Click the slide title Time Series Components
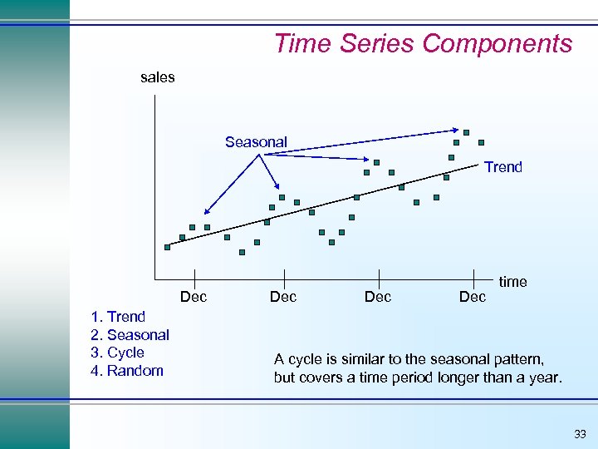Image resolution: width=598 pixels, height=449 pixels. pyautogui.click(x=423, y=43)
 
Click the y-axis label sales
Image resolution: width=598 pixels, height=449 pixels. pyautogui.click(x=157, y=77)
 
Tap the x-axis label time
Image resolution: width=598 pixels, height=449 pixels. pyautogui.click(x=512, y=282)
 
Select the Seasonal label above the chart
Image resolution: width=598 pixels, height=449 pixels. pyautogui.click(x=256, y=142)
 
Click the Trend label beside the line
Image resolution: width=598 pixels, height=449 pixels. pyautogui.click(x=503, y=167)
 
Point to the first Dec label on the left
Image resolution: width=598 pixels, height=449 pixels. pyautogui.click(x=194, y=297)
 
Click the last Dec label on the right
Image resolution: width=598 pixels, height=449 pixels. pyautogui.click(x=473, y=297)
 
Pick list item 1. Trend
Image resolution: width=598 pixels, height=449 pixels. pyautogui.click(x=118, y=317)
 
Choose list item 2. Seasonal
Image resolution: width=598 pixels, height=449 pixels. pyautogui.click(x=130, y=335)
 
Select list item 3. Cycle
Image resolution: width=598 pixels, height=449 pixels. pyautogui.click(x=117, y=353)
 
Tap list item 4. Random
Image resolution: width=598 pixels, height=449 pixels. pyautogui.click(x=126, y=371)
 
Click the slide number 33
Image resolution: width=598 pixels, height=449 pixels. pyautogui.click(x=579, y=434)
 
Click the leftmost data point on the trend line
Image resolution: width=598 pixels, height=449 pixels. pyautogui.click(x=167, y=247)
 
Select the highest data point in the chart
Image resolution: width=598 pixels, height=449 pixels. pyautogui.click(x=467, y=132)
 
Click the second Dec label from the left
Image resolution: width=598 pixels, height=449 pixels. pyautogui.click(x=283, y=297)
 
